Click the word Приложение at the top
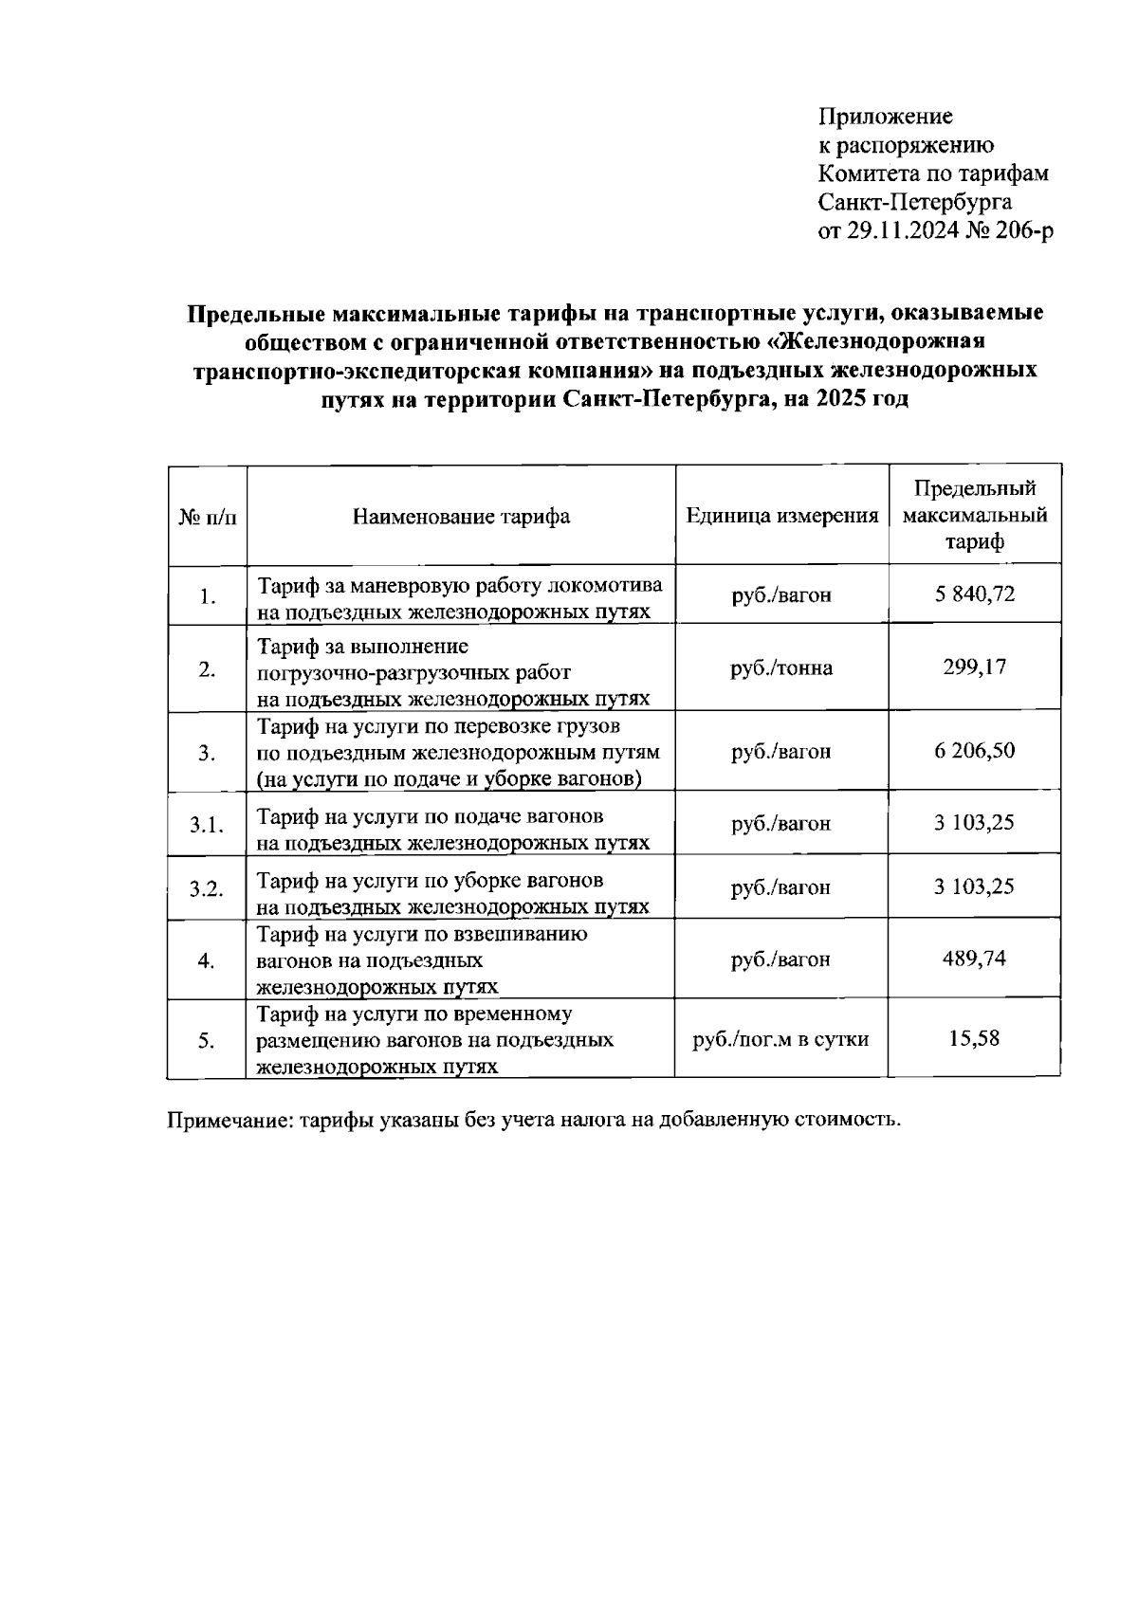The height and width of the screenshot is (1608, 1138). point(886,117)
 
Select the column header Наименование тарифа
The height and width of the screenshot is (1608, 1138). point(461,517)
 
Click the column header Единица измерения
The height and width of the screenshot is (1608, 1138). point(782,517)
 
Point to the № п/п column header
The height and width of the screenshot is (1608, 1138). point(207,518)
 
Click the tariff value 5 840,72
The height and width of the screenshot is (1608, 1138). point(974,594)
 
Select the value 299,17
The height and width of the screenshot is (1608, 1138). point(974,667)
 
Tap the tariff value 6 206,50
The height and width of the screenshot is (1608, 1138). point(974,751)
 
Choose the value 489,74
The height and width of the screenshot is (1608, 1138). point(974,959)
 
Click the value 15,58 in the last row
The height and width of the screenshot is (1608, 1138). point(974,1038)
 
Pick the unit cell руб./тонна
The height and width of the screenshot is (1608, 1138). point(781,668)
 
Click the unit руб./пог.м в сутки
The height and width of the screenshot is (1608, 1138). point(781,1039)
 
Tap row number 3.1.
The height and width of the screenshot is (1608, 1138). point(206,825)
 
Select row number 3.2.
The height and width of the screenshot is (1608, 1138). point(206,889)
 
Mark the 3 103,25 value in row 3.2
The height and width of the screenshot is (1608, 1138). point(974,886)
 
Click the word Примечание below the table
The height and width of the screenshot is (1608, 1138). point(229,1120)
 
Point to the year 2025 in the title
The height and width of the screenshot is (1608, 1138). point(828,399)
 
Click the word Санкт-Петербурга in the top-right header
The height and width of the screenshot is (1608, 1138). point(914,202)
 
